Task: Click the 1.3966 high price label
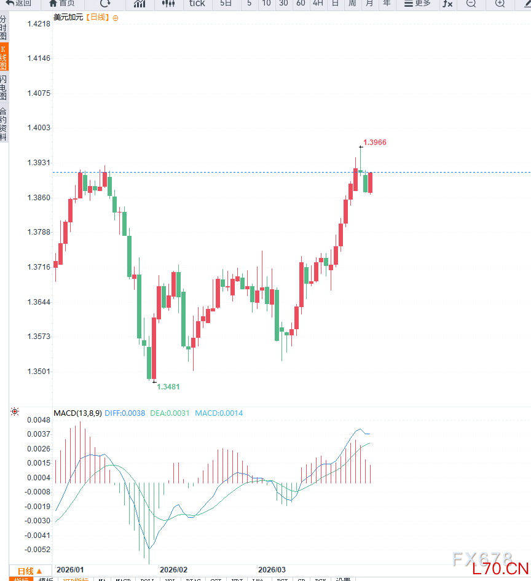(x=375, y=142)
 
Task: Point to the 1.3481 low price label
(x=168, y=387)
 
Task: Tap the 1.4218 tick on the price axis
(x=39, y=24)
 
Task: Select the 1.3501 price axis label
(x=39, y=372)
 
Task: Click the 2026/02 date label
(x=173, y=570)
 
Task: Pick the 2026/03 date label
(x=272, y=570)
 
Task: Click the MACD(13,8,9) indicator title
(x=77, y=413)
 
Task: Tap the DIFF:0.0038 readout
(x=125, y=413)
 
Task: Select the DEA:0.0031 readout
(x=170, y=413)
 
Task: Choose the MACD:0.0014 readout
(x=219, y=413)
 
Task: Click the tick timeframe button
(x=197, y=4)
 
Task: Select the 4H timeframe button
(x=318, y=4)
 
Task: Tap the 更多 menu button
(x=417, y=4)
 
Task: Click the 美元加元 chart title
(x=68, y=17)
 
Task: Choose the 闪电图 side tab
(x=4, y=88)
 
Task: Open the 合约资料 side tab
(x=4, y=123)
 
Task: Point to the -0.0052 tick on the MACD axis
(x=38, y=550)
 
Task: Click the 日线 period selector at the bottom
(x=29, y=571)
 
